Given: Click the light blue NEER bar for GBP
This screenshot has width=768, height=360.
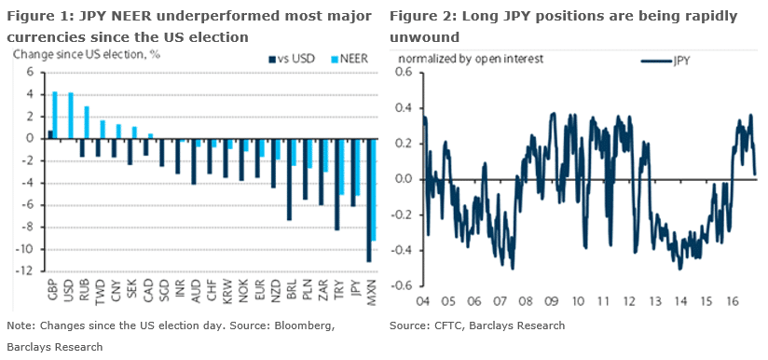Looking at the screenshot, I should tap(56, 115).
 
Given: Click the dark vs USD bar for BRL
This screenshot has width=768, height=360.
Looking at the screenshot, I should tap(289, 179).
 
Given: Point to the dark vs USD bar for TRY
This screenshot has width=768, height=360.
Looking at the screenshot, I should tap(336, 184).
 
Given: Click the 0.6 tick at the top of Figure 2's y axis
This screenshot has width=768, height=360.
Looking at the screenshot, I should tap(405, 72).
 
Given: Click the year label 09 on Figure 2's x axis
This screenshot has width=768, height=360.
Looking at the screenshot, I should tap(552, 301).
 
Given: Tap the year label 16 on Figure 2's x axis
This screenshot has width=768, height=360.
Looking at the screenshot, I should tap(734, 301).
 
